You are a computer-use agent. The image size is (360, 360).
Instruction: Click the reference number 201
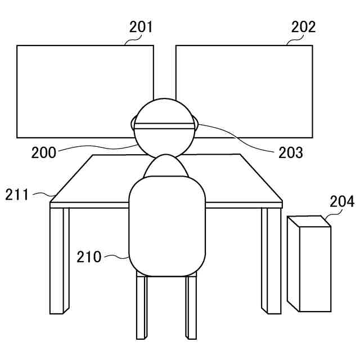pyautogui.click(x=141, y=26)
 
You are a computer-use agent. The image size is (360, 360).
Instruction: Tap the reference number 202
pyautogui.click(x=304, y=26)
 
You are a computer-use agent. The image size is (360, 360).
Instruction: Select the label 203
pyautogui.click(x=291, y=152)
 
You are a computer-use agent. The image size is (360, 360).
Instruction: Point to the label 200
pyautogui.click(x=44, y=152)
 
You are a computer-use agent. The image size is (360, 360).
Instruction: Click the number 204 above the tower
pyautogui.click(x=342, y=202)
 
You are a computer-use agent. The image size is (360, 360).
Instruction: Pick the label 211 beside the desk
pyautogui.click(x=17, y=195)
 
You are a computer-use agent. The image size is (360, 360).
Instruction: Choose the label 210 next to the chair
pyautogui.click(x=89, y=257)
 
